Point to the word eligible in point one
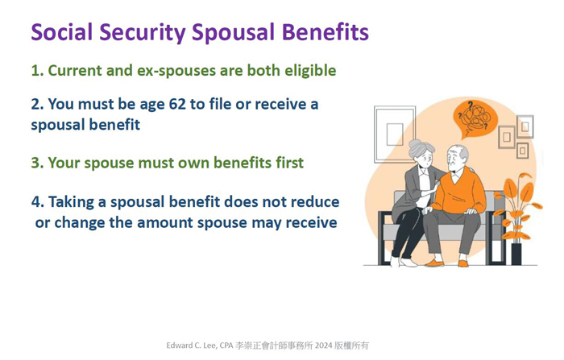[310, 71]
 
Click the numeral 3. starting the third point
[37, 163]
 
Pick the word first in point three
[289, 163]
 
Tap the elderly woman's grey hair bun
[417, 145]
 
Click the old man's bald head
[457, 151]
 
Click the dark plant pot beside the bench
[516, 254]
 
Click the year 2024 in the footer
[323, 346]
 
